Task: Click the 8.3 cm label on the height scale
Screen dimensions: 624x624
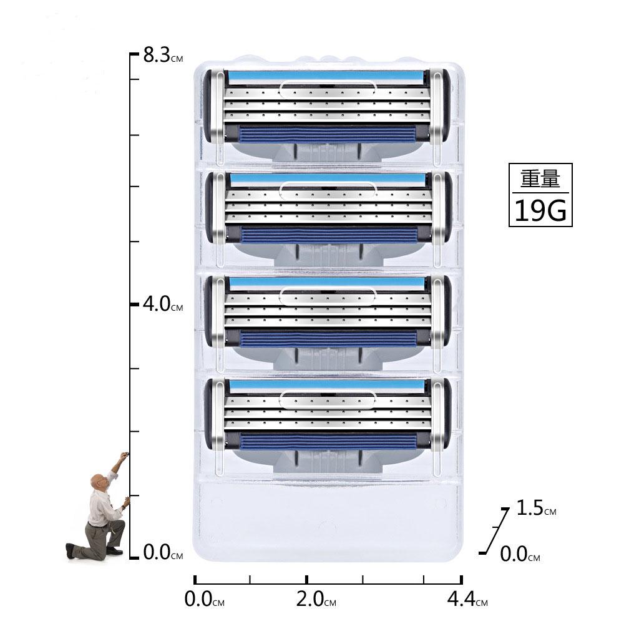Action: [x=163, y=55]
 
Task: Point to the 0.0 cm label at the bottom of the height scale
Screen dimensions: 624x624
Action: [x=163, y=552]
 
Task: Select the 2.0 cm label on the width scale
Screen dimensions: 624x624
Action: [x=316, y=599]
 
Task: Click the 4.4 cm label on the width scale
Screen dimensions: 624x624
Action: [x=467, y=599]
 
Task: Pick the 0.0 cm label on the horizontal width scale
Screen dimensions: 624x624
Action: [x=205, y=599]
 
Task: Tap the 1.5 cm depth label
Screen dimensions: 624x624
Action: [x=536, y=508]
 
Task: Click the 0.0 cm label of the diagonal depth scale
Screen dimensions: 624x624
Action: [x=520, y=553]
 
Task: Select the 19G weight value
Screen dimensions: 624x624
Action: [x=540, y=210]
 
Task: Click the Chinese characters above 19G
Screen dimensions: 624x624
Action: [x=540, y=178]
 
